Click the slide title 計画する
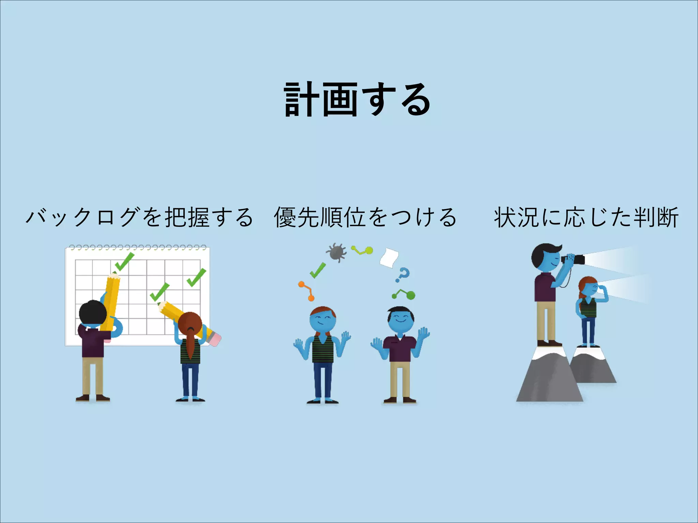[x=357, y=99]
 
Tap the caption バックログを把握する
[x=139, y=217]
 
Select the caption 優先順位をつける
[x=365, y=217]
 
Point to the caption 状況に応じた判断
[x=586, y=217]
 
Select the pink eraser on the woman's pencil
[x=214, y=338]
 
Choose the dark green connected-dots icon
[x=404, y=294]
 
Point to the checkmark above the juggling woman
[x=317, y=270]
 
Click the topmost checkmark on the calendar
[x=124, y=261]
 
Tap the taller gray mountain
[x=549, y=378]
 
